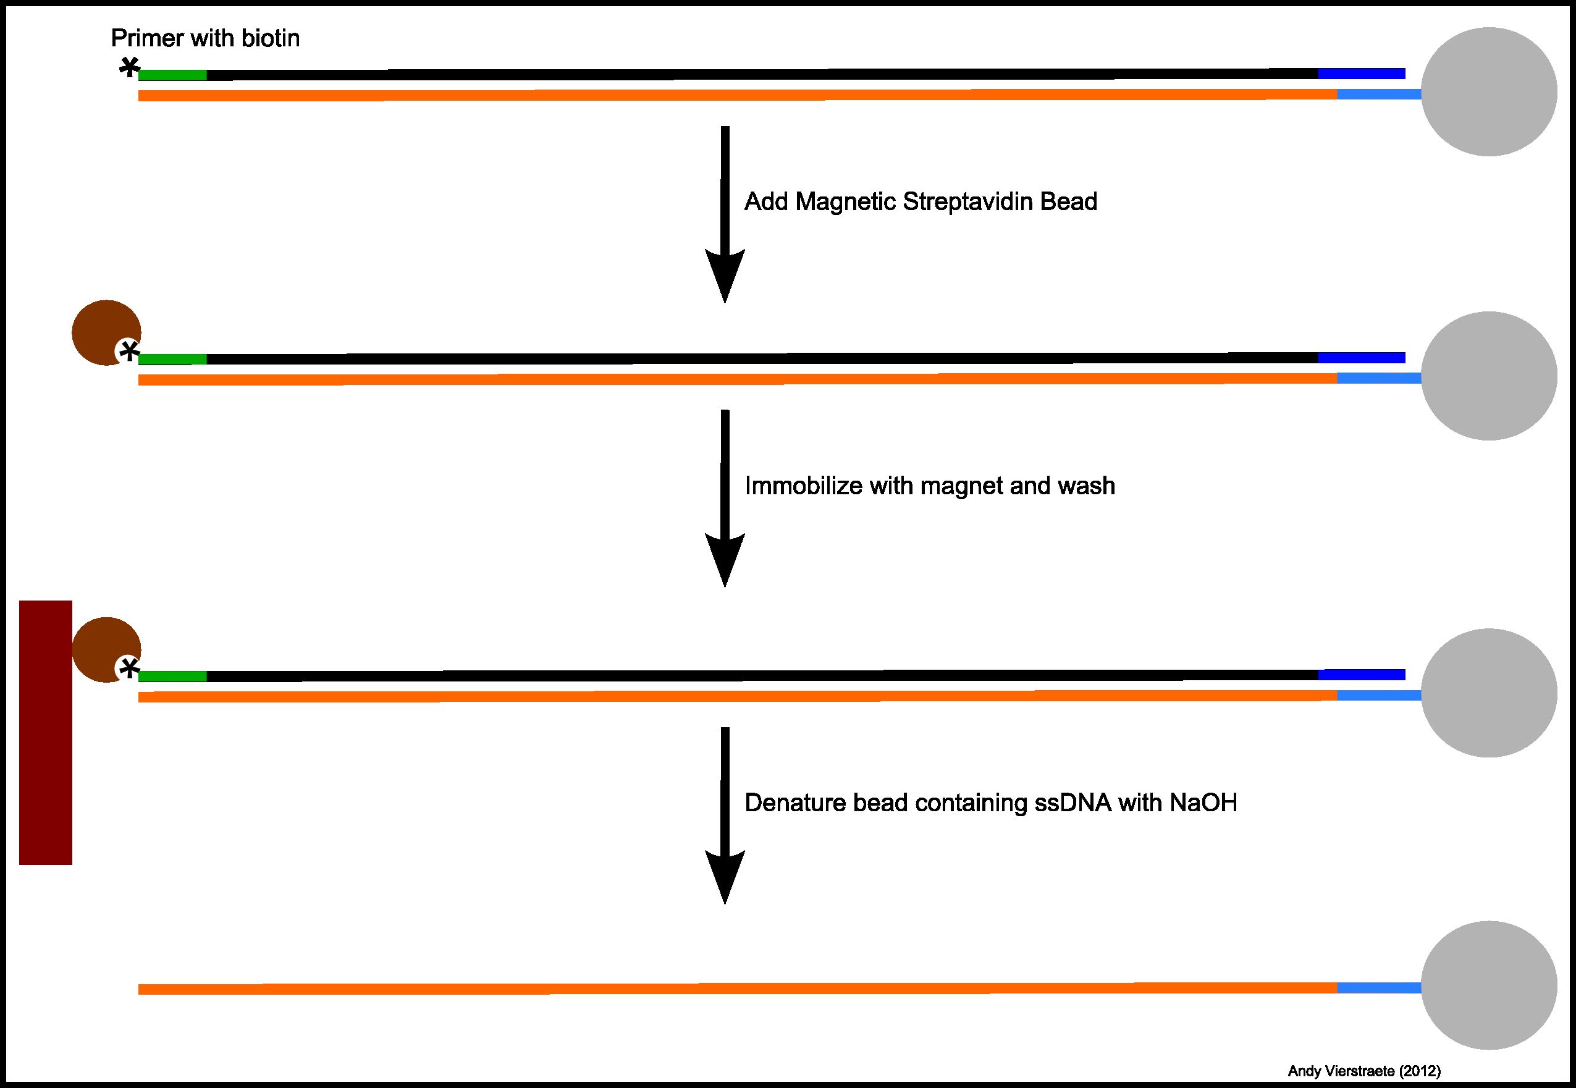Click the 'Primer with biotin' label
click(205, 38)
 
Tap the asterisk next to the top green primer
click(129, 67)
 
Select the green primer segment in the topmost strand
click(172, 75)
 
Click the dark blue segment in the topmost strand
click(1361, 74)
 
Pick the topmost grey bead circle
click(1489, 92)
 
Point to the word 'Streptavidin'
click(967, 202)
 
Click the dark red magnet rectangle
click(46, 732)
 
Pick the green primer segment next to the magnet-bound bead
click(172, 677)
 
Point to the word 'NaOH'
click(1203, 803)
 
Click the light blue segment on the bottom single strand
click(1379, 988)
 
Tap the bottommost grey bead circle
click(1489, 985)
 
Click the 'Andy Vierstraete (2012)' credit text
click(1364, 1071)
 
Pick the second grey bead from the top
click(1489, 376)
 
